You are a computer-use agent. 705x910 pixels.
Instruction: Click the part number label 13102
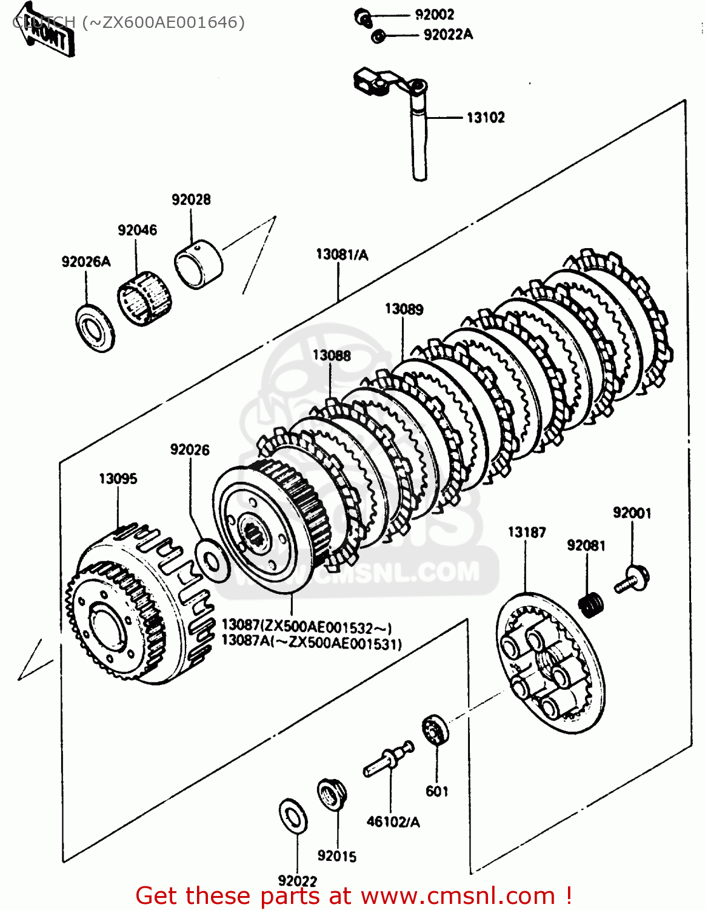click(485, 117)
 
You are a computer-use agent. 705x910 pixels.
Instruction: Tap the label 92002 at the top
click(434, 15)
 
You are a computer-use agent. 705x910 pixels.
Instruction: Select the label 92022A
click(448, 35)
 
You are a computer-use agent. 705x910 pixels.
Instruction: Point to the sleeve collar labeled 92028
click(198, 263)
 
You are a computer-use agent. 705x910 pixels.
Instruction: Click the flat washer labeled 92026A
click(95, 328)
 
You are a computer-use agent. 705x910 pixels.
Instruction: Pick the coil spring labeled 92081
click(591, 604)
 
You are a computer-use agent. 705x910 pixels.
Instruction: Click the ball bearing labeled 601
click(435, 730)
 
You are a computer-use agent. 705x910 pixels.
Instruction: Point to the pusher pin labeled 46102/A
click(388, 759)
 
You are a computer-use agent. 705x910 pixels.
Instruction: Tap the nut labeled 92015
click(332, 795)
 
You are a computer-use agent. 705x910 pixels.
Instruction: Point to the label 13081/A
click(342, 255)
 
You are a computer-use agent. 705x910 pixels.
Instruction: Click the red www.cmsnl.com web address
click(458, 895)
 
